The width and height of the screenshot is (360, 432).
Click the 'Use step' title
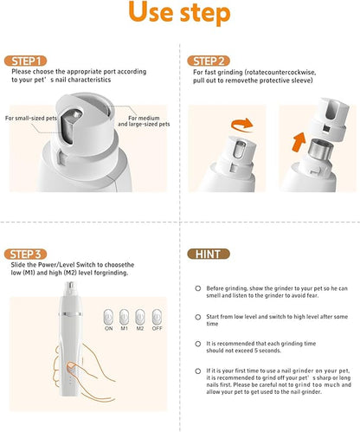tap(179, 16)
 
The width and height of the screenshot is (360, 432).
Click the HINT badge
tap(208, 254)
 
